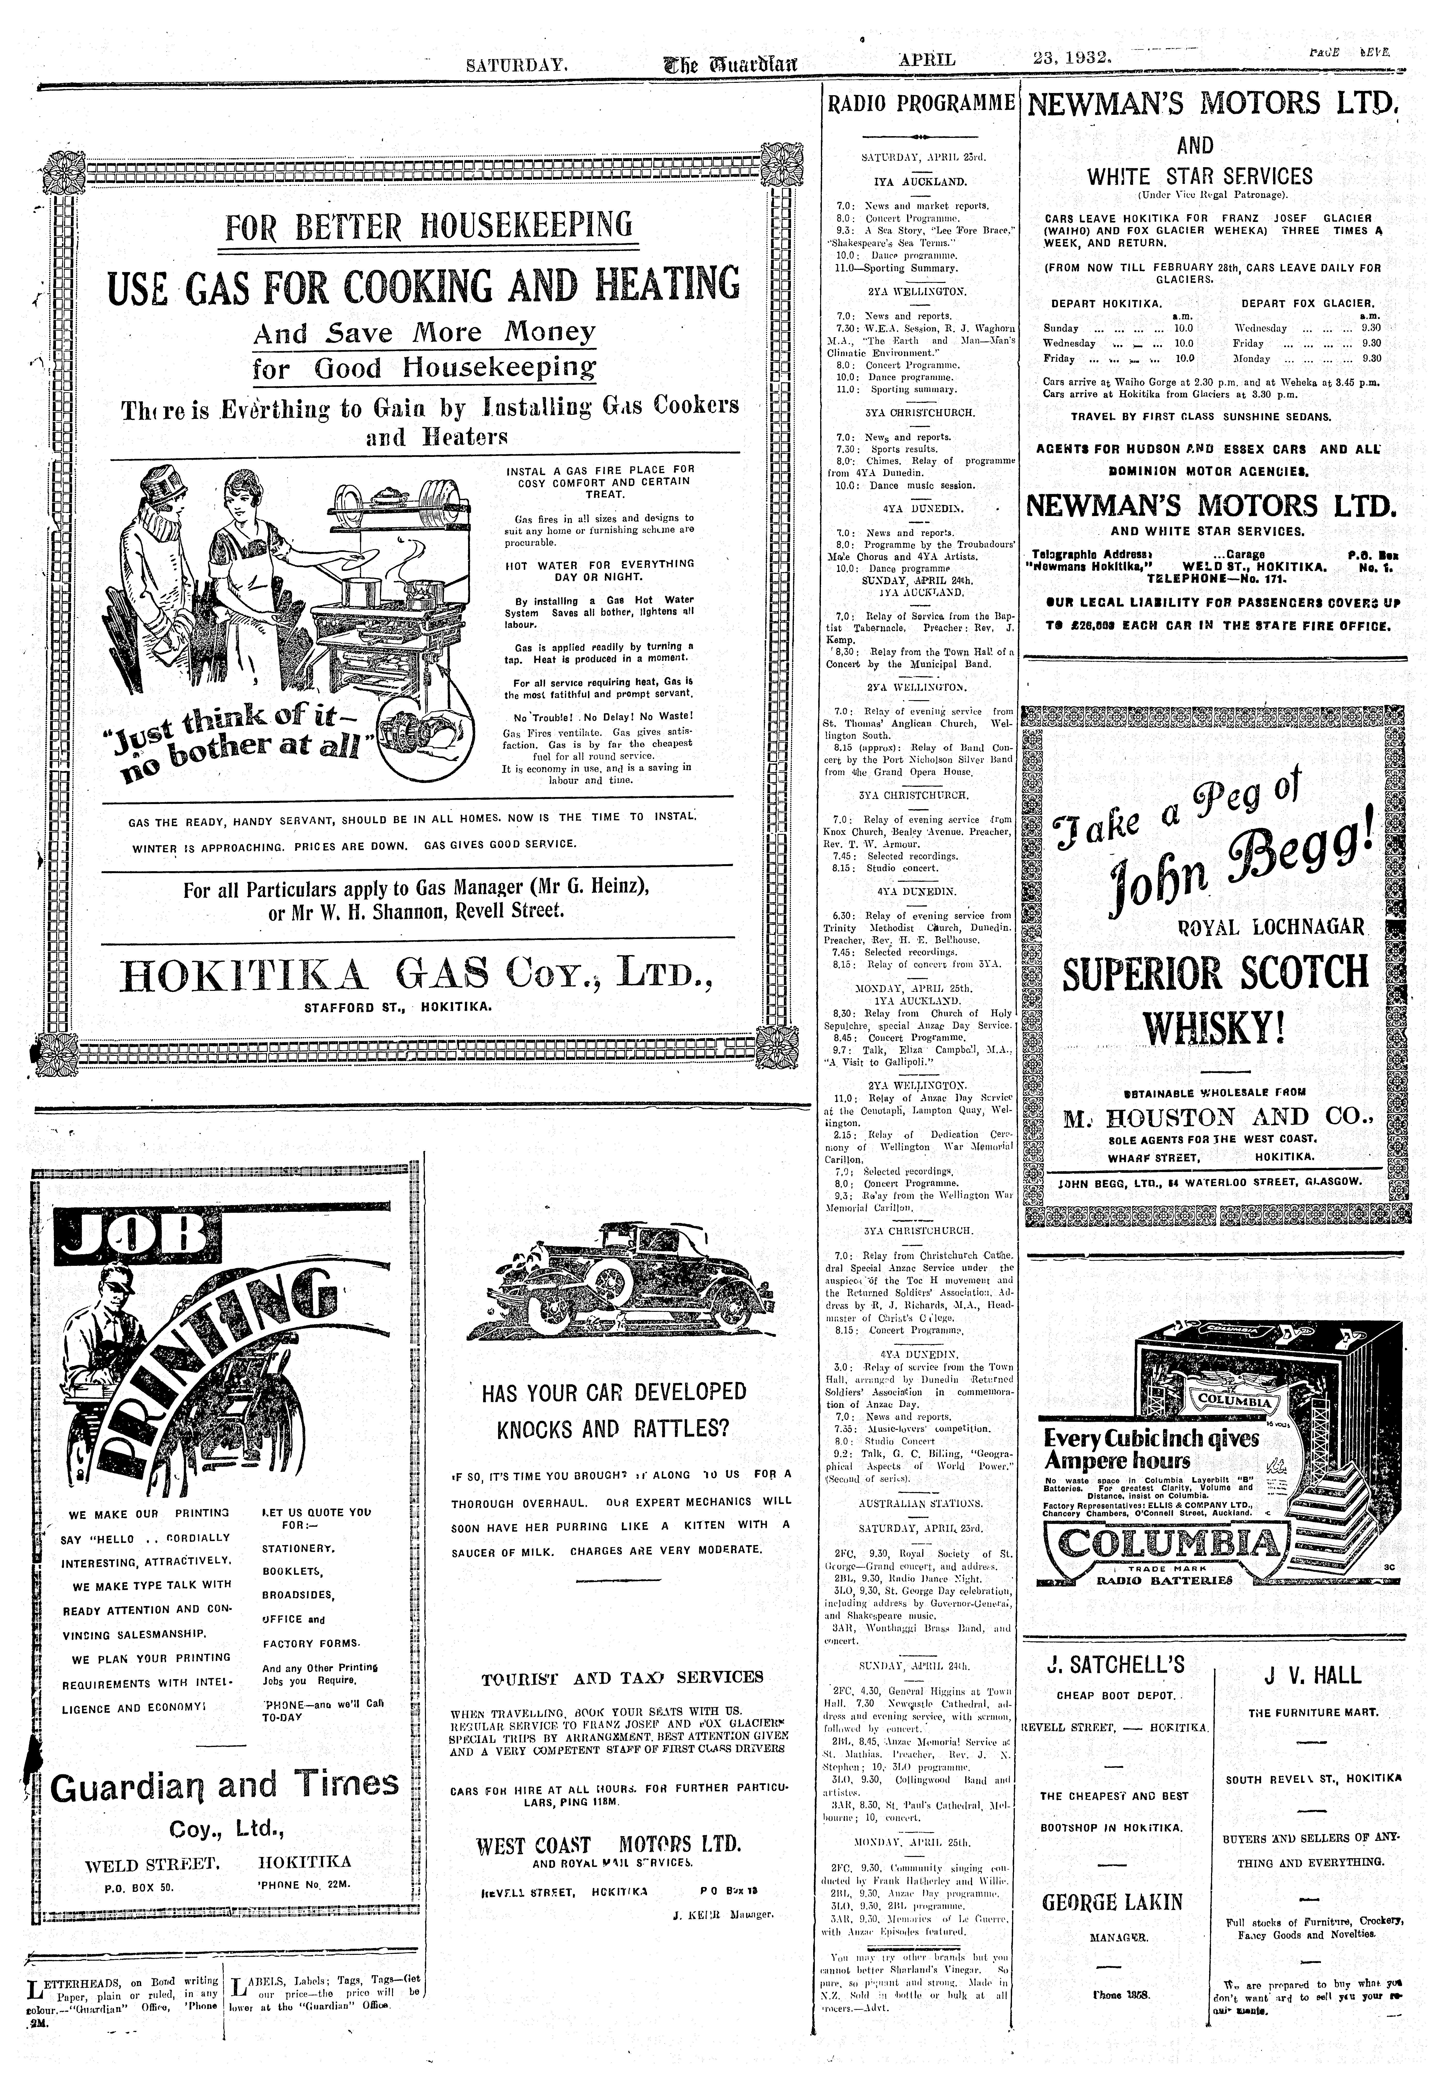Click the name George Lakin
pos(1113,1902)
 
